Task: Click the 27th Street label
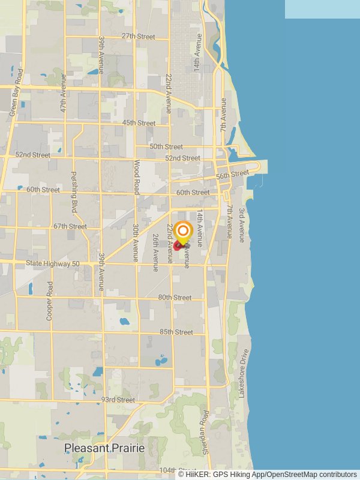point(139,36)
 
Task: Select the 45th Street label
point(139,123)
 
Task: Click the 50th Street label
point(166,146)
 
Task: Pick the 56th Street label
point(232,175)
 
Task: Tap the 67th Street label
point(70,226)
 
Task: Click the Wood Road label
point(136,173)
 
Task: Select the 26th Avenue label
point(155,253)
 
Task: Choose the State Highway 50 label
point(53,264)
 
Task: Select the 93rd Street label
point(118,400)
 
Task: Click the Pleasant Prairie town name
point(104,448)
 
